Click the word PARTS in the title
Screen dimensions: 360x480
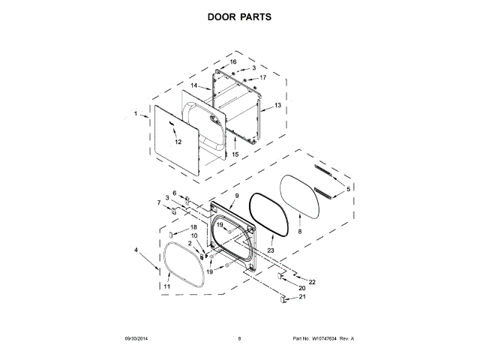(256, 15)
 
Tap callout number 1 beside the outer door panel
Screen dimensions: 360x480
(136, 114)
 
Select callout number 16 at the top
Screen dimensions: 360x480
(233, 61)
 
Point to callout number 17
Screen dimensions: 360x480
(262, 77)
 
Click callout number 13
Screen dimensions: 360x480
(277, 106)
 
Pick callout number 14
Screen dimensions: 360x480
(193, 85)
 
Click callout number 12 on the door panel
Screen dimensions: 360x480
(178, 141)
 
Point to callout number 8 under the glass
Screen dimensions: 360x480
(299, 232)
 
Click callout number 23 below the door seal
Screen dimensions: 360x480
(271, 250)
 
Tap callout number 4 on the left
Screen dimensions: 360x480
(136, 250)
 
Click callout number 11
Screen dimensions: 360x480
(166, 286)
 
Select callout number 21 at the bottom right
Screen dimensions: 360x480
(303, 297)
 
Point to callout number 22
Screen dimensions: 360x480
(312, 281)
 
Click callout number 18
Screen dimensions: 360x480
(193, 227)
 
